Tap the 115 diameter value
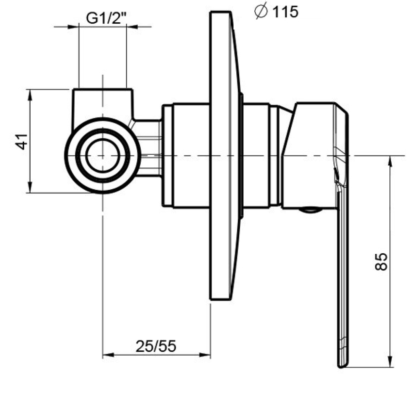click(285, 12)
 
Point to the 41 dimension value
click(22, 141)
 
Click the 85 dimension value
click(381, 262)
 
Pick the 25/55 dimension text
click(156, 346)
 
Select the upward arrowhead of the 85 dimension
click(390, 162)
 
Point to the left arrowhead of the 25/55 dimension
click(108, 355)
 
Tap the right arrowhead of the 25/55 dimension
click(205, 355)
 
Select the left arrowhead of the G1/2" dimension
click(73, 27)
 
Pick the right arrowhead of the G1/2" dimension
click(132, 27)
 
